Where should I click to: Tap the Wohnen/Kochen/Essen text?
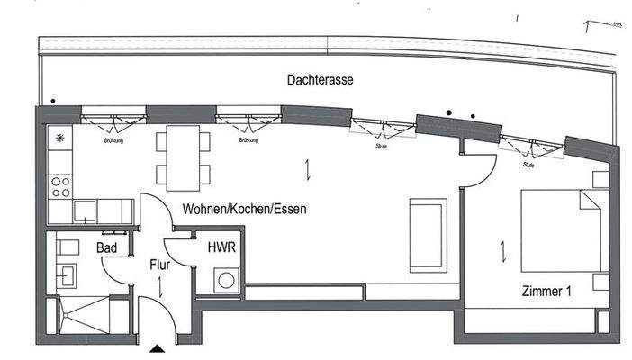click(x=244, y=209)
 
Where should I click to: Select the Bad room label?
click(x=106, y=247)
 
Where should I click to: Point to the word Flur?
click(x=159, y=265)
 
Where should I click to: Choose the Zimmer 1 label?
click(x=546, y=291)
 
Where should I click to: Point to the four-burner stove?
click(x=61, y=186)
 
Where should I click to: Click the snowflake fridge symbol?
click(x=60, y=138)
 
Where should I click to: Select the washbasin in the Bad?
click(x=66, y=272)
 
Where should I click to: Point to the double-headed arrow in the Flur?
click(x=160, y=288)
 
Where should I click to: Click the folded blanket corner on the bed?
click(x=590, y=199)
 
